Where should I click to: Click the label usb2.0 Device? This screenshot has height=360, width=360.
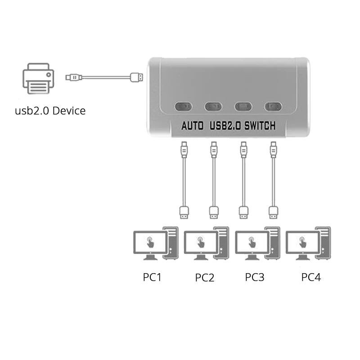pos(50,111)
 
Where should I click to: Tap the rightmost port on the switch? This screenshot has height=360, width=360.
pos(272,107)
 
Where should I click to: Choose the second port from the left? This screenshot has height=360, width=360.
pos(213,107)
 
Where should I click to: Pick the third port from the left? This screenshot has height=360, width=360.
pos(243,107)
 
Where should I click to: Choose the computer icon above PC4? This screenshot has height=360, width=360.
pos(310,243)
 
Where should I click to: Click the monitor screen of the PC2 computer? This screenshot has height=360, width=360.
pos(198,242)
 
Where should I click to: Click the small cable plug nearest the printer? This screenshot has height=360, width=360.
pos(71,77)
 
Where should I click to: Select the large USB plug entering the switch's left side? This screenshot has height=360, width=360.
pos(136,77)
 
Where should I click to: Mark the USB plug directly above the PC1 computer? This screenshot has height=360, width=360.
pos(184,211)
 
